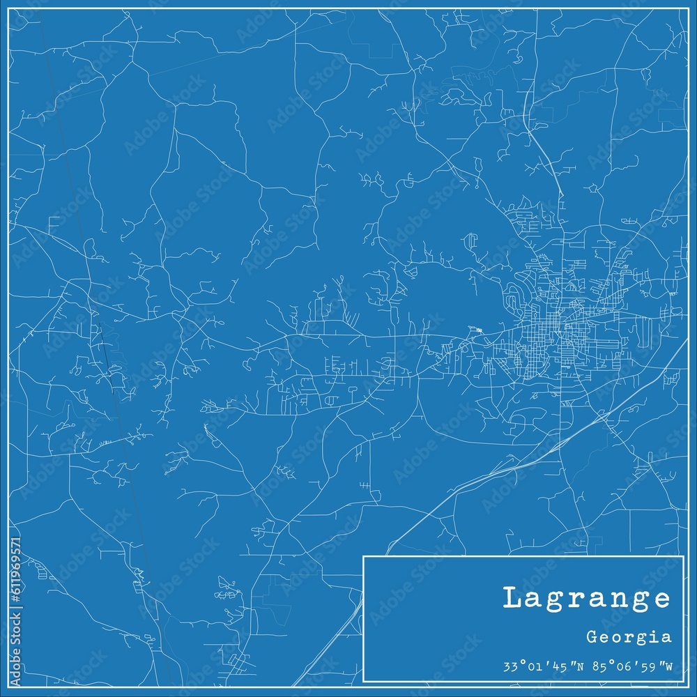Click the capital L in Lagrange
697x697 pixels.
(x=512, y=598)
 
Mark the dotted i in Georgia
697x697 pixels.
(x=659, y=636)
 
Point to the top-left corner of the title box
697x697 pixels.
(x=364, y=556)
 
